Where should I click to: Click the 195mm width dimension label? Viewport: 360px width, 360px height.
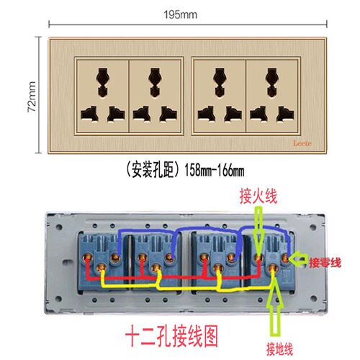point(181,14)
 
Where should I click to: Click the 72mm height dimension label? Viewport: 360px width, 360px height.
point(32,96)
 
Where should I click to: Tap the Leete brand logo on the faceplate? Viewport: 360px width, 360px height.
point(302,143)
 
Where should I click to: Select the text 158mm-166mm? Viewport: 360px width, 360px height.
point(215,171)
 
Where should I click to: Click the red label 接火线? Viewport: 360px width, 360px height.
point(258,196)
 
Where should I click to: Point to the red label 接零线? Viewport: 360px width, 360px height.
point(325,263)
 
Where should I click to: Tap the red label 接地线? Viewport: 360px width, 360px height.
point(279,349)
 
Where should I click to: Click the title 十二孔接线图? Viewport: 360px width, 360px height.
point(171,336)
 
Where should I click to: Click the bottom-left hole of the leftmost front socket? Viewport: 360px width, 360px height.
point(90,114)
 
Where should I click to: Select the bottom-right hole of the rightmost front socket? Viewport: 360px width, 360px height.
point(285,114)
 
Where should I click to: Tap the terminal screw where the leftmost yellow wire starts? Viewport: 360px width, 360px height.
point(102,267)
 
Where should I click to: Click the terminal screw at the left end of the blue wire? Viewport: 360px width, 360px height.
point(116,258)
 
